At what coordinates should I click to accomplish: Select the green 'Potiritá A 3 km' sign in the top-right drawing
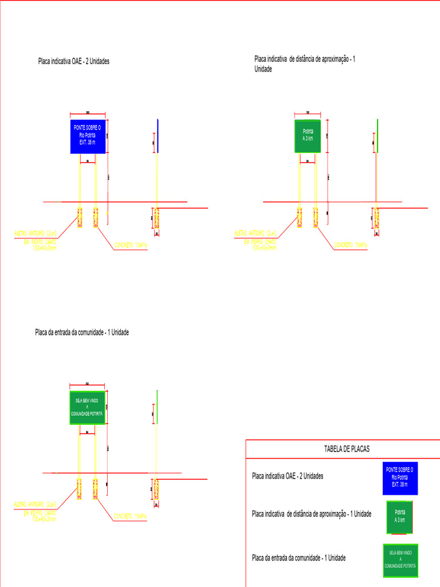point(308,136)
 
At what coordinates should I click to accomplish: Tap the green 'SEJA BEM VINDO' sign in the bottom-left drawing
point(87,408)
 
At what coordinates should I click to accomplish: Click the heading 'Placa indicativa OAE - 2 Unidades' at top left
point(73,61)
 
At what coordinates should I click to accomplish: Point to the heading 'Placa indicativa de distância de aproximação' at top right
point(304,60)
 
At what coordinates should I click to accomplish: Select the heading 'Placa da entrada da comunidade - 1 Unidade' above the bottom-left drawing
point(82,332)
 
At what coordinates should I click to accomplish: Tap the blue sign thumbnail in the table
point(400,478)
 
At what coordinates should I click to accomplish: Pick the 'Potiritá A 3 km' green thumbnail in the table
point(400,516)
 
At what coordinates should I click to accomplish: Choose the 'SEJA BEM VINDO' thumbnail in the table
point(400,560)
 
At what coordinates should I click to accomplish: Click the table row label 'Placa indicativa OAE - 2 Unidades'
point(288,476)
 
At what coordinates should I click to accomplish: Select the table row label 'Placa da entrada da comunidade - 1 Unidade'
point(298,558)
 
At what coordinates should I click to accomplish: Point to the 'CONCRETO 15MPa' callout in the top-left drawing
point(131,245)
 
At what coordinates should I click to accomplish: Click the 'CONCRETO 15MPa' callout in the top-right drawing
point(351,245)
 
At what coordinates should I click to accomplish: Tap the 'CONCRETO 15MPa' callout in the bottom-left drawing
point(131,516)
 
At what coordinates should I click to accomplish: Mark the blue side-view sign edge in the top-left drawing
point(158,136)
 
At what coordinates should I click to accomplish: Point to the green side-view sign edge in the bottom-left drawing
point(156,407)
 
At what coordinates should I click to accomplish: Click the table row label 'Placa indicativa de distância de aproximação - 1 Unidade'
point(312,514)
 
